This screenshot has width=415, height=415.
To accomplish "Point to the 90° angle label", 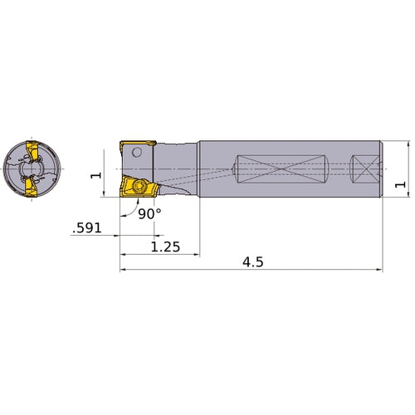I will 149,213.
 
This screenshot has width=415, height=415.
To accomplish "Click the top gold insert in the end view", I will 34,153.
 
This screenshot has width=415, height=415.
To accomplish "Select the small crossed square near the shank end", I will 361,170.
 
